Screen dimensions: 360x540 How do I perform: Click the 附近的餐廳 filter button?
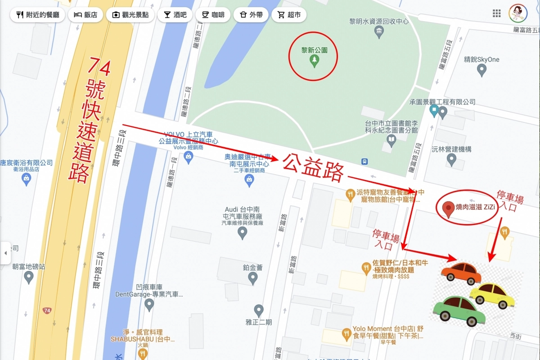click(37, 15)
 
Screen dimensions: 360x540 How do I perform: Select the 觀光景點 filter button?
click(130, 15)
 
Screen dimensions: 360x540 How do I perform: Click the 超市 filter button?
click(289, 15)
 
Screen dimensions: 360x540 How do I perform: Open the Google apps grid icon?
click(497, 13)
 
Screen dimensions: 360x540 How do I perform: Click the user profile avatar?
click(517, 13)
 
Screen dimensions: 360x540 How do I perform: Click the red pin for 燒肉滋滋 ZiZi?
click(447, 209)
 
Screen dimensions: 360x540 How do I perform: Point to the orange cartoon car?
click(461, 272)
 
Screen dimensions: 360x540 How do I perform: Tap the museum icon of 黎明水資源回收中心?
click(379, 32)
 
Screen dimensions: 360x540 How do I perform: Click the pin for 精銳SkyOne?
click(481, 70)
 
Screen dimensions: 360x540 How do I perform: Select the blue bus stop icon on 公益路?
click(364, 162)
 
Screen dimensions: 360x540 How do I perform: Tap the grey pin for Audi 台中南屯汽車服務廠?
click(243, 233)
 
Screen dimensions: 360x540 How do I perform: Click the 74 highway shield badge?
click(47, 310)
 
